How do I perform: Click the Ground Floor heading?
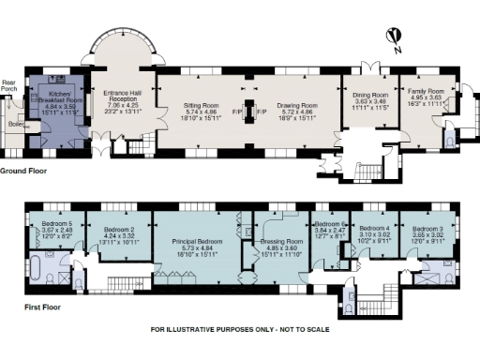point(25,172)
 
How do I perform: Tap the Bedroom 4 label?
point(376,228)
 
